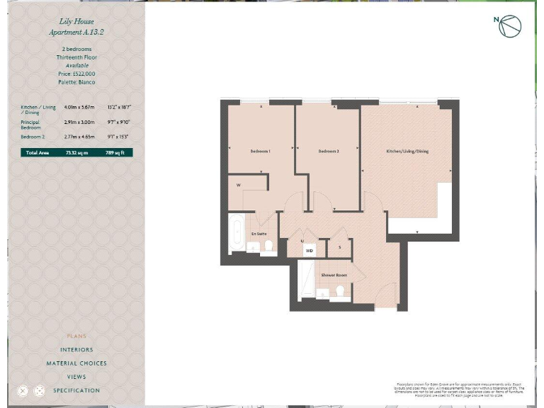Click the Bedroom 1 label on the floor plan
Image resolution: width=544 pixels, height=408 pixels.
(260, 152)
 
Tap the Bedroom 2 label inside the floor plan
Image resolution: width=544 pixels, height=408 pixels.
(328, 152)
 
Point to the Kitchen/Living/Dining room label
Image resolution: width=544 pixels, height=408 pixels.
(407, 152)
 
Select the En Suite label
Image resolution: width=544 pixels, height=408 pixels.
(259, 233)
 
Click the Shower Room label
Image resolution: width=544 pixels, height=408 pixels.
(334, 275)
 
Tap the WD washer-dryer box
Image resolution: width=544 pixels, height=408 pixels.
(309, 250)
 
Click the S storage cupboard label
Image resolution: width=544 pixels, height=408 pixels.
(339, 247)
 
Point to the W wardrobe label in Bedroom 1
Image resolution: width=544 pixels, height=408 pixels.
(238, 186)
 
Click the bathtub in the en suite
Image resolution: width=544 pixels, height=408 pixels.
(235, 233)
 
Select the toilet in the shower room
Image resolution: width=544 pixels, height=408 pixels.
(340, 291)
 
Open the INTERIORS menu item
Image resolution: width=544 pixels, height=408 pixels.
(76, 350)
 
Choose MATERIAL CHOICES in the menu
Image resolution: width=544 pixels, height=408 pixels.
(76, 363)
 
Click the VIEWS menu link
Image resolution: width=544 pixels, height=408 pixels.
(76, 377)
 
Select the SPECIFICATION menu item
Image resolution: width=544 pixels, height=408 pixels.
(76, 390)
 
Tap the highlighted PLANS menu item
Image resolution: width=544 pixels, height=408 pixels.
(76, 336)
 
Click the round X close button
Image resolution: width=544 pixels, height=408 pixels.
(23, 390)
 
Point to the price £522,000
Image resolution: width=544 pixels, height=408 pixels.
(76, 74)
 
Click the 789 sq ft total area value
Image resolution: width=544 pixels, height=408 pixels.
(115, 152)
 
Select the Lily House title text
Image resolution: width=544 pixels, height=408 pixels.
(76, 23)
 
